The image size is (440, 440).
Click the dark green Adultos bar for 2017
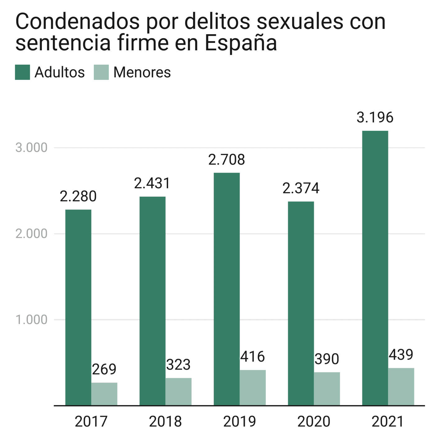[78, 307]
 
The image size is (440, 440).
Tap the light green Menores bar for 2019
[253, 387]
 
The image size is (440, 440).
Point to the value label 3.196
[375, 117]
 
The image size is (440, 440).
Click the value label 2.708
[227, 160]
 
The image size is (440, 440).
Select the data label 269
[104, 369]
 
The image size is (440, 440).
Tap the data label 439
[401, 355]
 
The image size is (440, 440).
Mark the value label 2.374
[301, 188]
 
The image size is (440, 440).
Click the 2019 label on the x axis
[239, 422]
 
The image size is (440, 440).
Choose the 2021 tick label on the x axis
[387, 422]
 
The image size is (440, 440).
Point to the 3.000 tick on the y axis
[31, 148]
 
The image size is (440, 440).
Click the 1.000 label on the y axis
[31, 319]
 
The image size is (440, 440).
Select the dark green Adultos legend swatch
[22, 72]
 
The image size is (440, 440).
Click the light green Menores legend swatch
[101, 72]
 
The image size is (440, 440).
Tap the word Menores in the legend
[142, 72]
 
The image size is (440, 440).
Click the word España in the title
[241, 43]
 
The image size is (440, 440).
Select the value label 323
[178, 365]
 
